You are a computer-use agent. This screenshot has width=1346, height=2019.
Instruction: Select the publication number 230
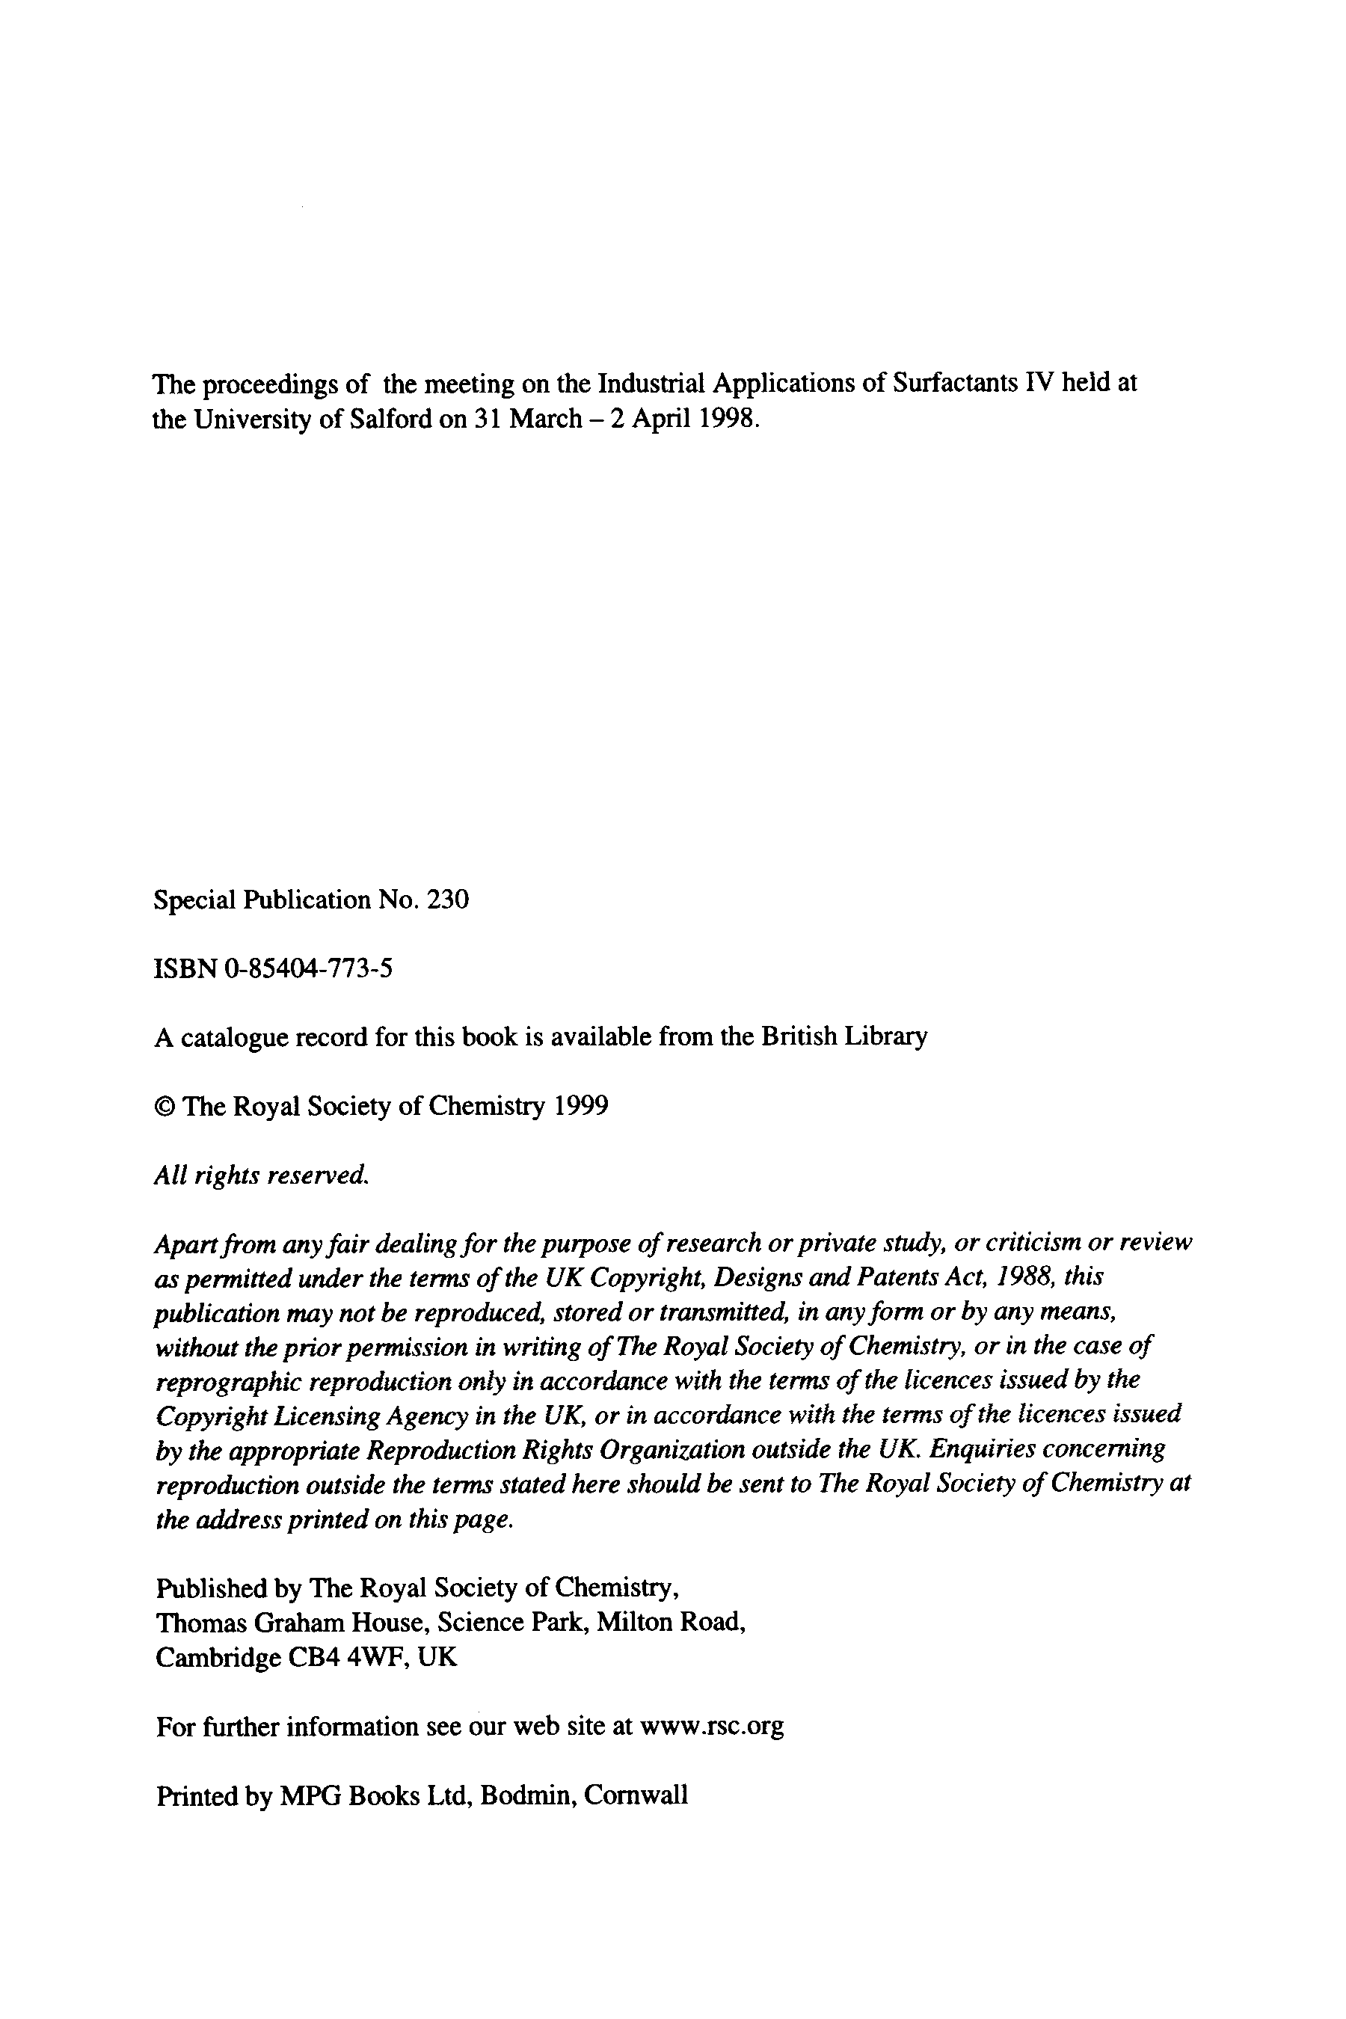(x=448, y=900)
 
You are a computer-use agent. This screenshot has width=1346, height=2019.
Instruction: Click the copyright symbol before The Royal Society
(x=164, y=1107)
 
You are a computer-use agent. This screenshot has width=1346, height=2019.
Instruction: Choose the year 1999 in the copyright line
(x=580, y=1107)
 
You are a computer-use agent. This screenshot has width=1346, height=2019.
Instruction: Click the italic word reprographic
(x=227, y=1381)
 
